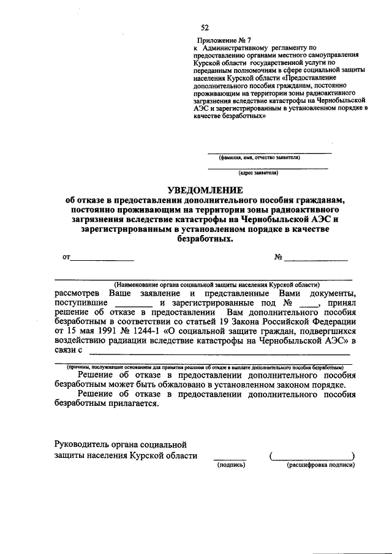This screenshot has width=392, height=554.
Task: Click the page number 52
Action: click(205, 27)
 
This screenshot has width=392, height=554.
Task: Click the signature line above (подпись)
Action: click(230, 459)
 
